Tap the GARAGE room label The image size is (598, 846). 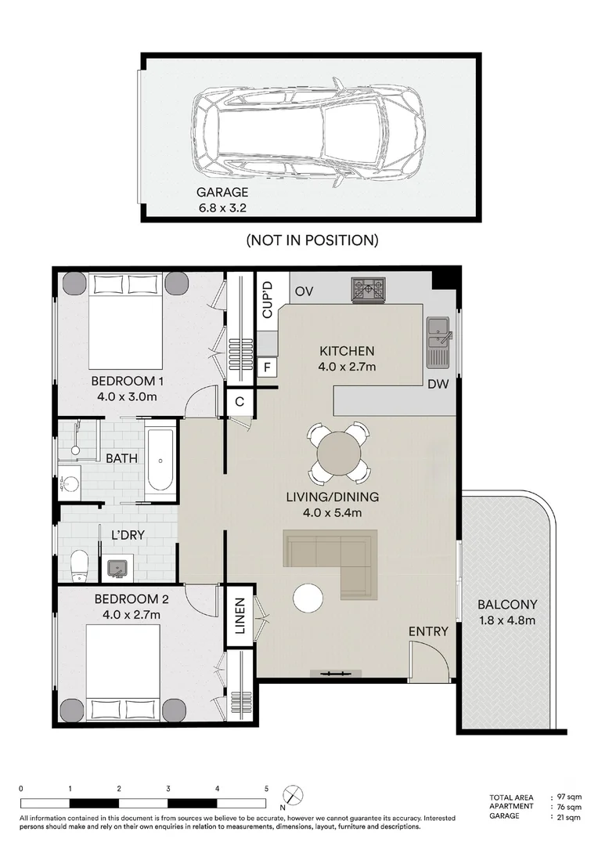(222, 192)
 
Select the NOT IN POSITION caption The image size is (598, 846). (312, 240)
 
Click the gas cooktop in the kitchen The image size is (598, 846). (369, 288)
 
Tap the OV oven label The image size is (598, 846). (304, 292)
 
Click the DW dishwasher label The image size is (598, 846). (438, 384)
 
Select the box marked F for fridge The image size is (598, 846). (267, 368)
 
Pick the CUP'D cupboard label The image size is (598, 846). (268, 301)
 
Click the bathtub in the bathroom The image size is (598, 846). (160, 460)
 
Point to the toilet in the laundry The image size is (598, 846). (79, 566)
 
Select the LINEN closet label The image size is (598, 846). (240, 616)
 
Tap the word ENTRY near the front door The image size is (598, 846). (428, 631)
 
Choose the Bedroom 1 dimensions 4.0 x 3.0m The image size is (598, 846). (127, 396)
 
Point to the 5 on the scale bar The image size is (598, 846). (266, 789)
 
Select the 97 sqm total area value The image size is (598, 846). (569, 797)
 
